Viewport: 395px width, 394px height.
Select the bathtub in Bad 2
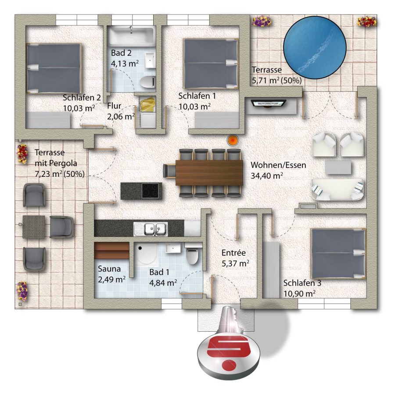coord(131,36)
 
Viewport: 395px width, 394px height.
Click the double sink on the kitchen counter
coord(151,229)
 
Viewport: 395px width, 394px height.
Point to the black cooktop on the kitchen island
coord(150,190)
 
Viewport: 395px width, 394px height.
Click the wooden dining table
coord(209,173)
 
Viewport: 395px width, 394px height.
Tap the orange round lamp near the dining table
coord(233,140)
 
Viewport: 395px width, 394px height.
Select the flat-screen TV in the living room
coord(268,104)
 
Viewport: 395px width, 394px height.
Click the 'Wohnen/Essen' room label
coord(278,165)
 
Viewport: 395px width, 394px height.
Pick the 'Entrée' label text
coord(233,253)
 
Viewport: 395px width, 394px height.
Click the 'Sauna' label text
coord(109,269)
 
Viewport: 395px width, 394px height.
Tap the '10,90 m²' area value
coord(299,294)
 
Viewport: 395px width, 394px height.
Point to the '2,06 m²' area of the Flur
coord(121,117)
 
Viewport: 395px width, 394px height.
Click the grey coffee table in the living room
coord(338,168)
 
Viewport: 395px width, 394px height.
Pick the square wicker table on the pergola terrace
coord(34,227)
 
